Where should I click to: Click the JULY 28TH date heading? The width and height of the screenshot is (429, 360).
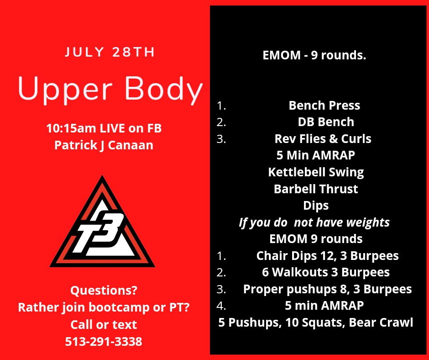[110, 52]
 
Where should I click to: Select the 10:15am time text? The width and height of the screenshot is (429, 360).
[71, 128]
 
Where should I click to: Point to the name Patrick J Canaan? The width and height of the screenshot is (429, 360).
[104, 145]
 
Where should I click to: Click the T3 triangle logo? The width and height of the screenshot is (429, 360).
[102, 222]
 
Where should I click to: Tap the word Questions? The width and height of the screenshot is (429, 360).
[104, 290]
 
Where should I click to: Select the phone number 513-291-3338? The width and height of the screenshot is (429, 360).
[104, 341]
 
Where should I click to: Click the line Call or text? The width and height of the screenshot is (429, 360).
[104, 324]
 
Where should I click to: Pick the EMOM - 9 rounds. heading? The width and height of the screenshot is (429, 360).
[314, 55]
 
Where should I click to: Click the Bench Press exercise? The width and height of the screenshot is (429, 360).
[324, 106]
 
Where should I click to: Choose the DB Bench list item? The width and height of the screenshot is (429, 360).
[326, 122]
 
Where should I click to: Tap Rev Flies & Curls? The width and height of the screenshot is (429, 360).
[323, 138]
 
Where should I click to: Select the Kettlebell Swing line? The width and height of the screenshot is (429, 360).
[316, 172]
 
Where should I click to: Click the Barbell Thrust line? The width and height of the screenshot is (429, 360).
[316, 189]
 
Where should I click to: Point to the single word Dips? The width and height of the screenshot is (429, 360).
[316, 206]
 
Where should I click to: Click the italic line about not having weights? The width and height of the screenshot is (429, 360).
[314, 222]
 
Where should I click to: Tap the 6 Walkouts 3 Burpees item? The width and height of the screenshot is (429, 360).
[326, 272]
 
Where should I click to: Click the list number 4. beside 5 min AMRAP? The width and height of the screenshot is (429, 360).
[221, 306]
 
